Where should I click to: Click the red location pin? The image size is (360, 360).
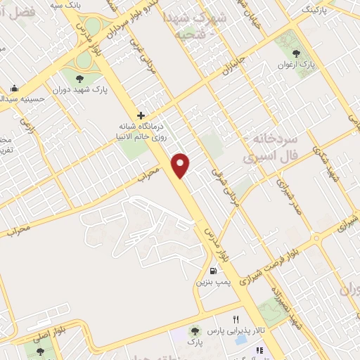pos(181,165)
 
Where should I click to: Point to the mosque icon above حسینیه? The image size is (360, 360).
pos(15,89)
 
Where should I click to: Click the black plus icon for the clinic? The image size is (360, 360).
pos(141,115)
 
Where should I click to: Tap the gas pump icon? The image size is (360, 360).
pos(212,271)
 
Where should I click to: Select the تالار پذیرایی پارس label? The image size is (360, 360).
pos(236,330)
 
